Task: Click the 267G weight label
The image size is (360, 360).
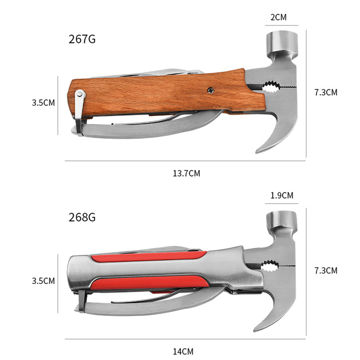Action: pyautogui.click(x=82, y=39)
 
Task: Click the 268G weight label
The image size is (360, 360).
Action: pyautogui.click(x=82, y=217)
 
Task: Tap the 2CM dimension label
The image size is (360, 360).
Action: pyautogui.click(x=278, y=17)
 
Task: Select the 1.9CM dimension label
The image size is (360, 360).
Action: pyautogui.click(x=282, y=195)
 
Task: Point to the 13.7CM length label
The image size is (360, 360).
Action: pyautogui.click(x=186, y=173)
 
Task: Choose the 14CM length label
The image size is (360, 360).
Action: pyautogui.click(x=183, y=352)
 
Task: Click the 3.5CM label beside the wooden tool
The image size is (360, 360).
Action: pyautogui.click(x=43, y=103)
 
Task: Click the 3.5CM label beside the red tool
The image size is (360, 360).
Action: pyautogui.click(x=43, y=281)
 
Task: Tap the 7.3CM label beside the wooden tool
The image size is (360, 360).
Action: pyautogui.click(x=326, y=92)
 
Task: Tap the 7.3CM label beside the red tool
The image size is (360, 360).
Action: pyautogui.click(x=326, y=270)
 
